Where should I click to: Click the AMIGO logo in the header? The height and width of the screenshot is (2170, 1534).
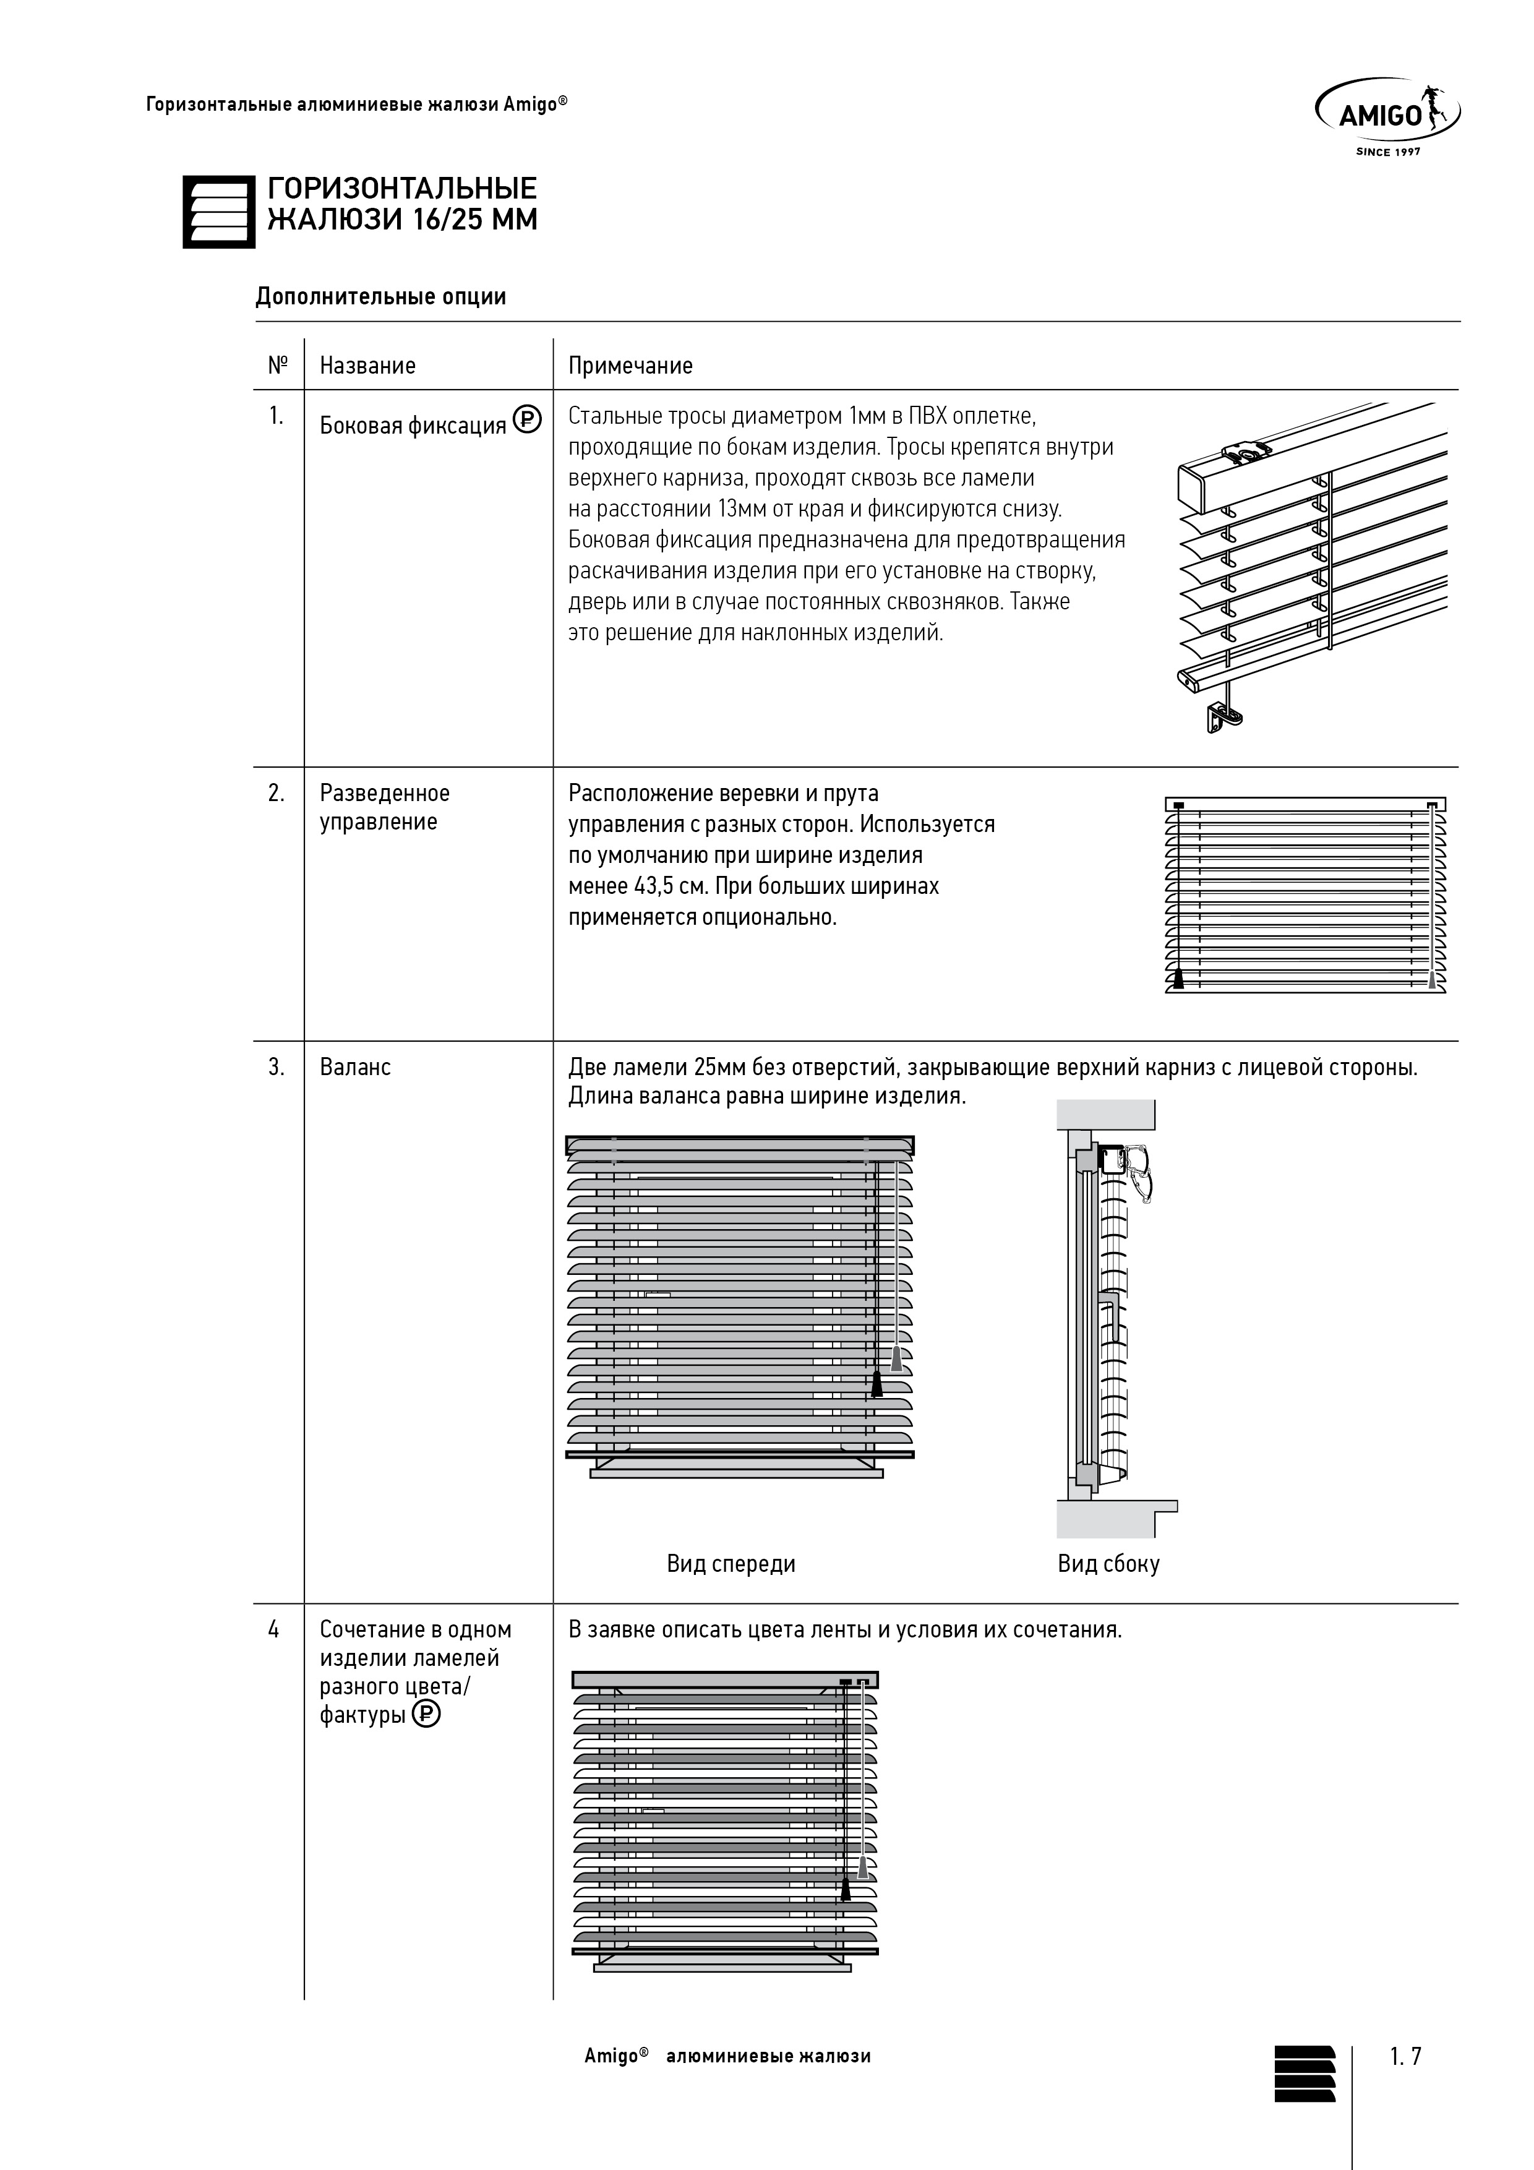point(1387,113)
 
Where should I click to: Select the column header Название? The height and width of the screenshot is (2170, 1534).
point(367,366)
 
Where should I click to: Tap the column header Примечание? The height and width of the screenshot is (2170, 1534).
point(630,366)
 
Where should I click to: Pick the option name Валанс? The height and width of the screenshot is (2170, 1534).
point(356,1067)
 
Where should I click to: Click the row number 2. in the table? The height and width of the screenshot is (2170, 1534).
point(276,793)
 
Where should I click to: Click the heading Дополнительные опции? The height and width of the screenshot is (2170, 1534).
point(381,297)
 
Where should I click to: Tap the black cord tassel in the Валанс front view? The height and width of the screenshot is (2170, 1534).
point(877,1384)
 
